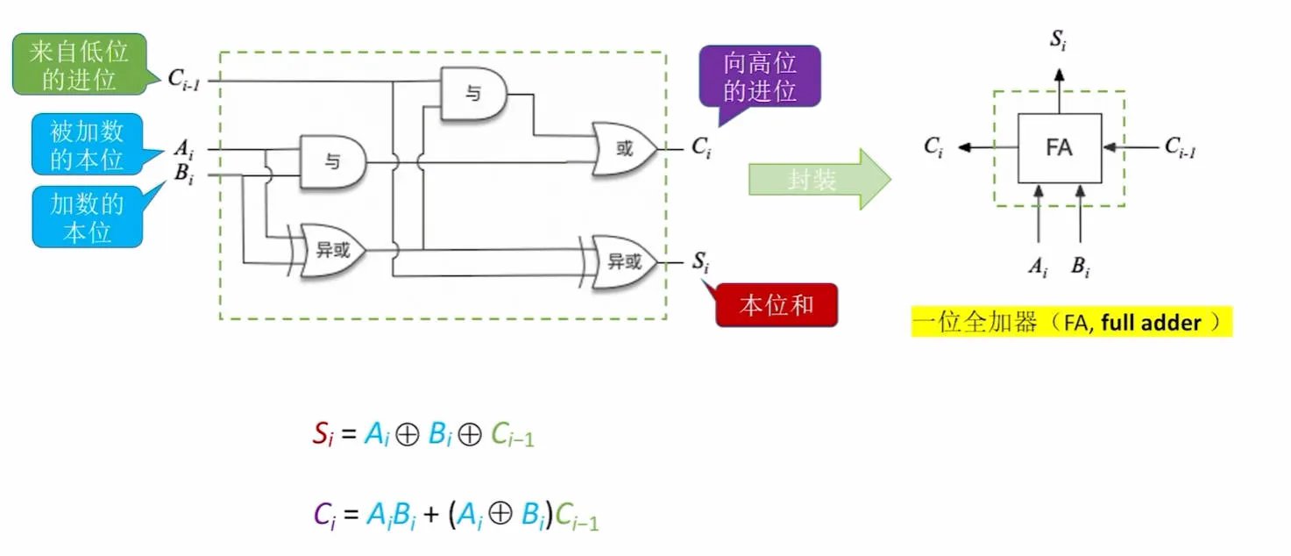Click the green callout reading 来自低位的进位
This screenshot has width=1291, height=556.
coord(80,64)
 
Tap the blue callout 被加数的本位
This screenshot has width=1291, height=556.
coord(88,144)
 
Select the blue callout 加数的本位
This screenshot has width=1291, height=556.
coord(88,217)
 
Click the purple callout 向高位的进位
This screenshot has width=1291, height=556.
coord(760,76)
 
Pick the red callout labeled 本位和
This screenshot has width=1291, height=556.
coord(777,305)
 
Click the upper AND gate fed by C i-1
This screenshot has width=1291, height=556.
coord(473,94)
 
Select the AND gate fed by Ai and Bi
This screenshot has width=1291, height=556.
coord(332,162)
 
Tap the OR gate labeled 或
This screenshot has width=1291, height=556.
coord(624,149)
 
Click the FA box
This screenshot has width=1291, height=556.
coord(1060,148)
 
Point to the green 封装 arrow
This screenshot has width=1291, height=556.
coord(819,179)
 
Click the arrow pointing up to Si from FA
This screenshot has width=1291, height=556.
coord(1060,91)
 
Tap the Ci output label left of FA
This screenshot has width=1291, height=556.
coord(933,147)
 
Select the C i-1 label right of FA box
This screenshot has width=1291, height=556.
coord(1180,147)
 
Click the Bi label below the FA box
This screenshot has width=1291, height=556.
coord(1081,267)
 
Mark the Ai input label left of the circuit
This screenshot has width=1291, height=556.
coord(184,149)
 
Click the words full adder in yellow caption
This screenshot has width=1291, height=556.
coord(1151,323)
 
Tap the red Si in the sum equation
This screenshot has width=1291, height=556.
coord(323,434)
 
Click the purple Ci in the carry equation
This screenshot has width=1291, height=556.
coord(324,515)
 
